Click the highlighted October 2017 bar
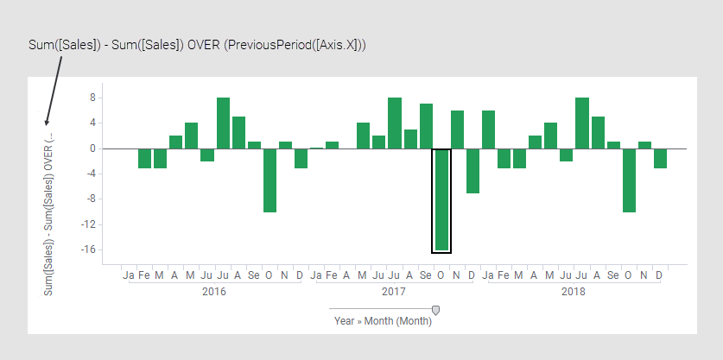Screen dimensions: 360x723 click(x=441, y=200)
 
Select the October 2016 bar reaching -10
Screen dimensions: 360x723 click(x=270, y=180)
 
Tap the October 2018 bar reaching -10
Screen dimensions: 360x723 click(x=629, y=180)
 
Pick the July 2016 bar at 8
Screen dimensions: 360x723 click(x=223, y=123)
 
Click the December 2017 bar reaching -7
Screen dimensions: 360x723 click(x=472, y=170)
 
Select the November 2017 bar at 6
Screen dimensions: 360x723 click(x=457, y=129)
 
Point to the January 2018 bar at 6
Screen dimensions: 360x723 click(x=488, y=129)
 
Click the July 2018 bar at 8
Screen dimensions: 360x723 click(x=582, y=123)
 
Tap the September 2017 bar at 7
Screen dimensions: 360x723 click(x=426, y=126)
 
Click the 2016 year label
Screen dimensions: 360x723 click(x=214, y=292)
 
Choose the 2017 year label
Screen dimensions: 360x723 click(x=394, y=292)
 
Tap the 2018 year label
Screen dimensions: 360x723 click(x=573, y=292)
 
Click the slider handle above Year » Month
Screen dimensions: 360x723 click(x=435, y=310)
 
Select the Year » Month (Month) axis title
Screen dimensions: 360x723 click(x=383, y=321)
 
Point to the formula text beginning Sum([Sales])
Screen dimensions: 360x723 click(x=198, y=44)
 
